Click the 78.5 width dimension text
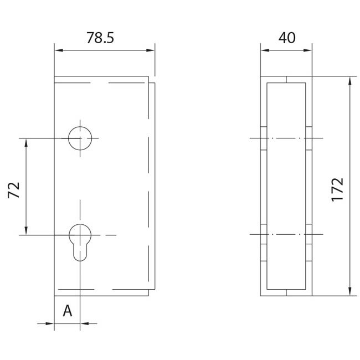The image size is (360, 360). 100,38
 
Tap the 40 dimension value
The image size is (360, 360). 286,38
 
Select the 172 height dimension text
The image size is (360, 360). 337,189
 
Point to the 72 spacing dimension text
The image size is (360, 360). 14,190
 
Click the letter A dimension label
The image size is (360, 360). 67,311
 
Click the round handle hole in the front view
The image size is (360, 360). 80,138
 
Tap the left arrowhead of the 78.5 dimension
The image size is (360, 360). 58,50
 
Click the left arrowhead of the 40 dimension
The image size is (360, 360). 264,50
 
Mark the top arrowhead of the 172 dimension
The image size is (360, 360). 349,80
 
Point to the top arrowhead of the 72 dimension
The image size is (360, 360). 25,142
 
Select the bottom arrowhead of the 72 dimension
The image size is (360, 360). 25,231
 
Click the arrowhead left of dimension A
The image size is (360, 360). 50,323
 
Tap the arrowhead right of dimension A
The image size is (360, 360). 84,323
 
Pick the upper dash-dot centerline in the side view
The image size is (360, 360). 286,138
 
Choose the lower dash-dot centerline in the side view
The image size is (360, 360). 286,235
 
